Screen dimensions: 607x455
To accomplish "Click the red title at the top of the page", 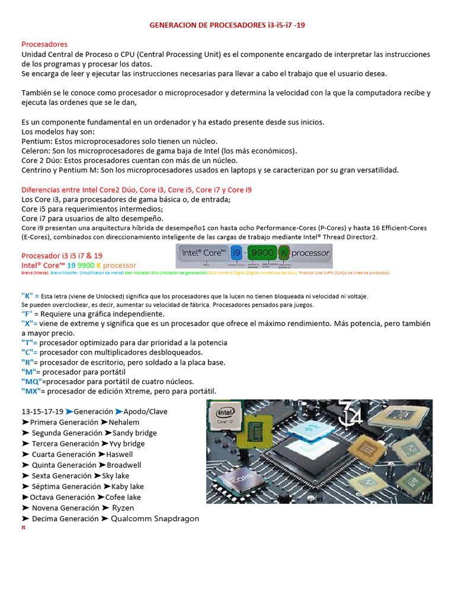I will tap(227, 25).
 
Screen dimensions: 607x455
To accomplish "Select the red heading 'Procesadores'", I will tap(44, 44).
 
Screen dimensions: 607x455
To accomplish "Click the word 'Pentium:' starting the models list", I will tap(37, 141).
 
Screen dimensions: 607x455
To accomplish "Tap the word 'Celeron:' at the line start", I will tap(37, 151).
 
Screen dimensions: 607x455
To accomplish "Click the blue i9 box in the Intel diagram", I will tap(235, 253).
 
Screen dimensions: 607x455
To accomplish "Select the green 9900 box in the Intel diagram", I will tap(261, 253).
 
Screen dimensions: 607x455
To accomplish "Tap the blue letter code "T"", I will tap(28, 343).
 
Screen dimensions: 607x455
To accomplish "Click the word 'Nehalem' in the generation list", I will tap(124, 422).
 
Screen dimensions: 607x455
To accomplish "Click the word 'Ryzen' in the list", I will tap(123, 508).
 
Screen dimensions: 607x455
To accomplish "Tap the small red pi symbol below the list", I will tap(24, 527).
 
